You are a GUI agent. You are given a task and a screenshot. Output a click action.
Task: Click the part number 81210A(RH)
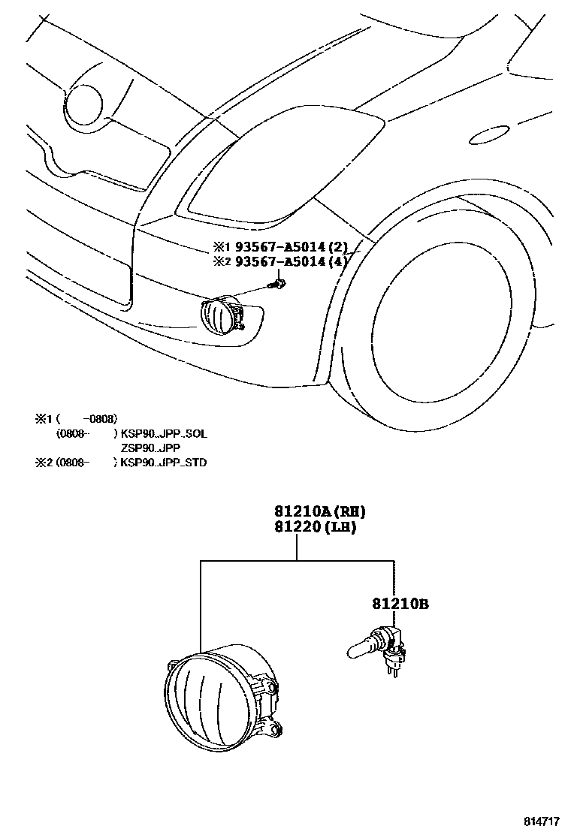click(314, 512)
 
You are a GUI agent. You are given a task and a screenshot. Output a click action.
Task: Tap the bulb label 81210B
click(400, 603)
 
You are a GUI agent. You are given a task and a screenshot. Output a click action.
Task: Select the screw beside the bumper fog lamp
click(279, 285)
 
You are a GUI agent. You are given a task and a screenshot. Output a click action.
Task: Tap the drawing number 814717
click(542, 821)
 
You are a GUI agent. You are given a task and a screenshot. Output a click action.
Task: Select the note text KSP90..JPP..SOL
click(164, 434)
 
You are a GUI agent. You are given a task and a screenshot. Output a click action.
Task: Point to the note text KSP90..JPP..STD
click(164, 463)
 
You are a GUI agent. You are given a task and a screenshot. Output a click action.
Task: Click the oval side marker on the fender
click(485, 136)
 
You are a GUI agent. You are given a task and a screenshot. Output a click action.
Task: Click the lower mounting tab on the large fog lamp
click(276, 728)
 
